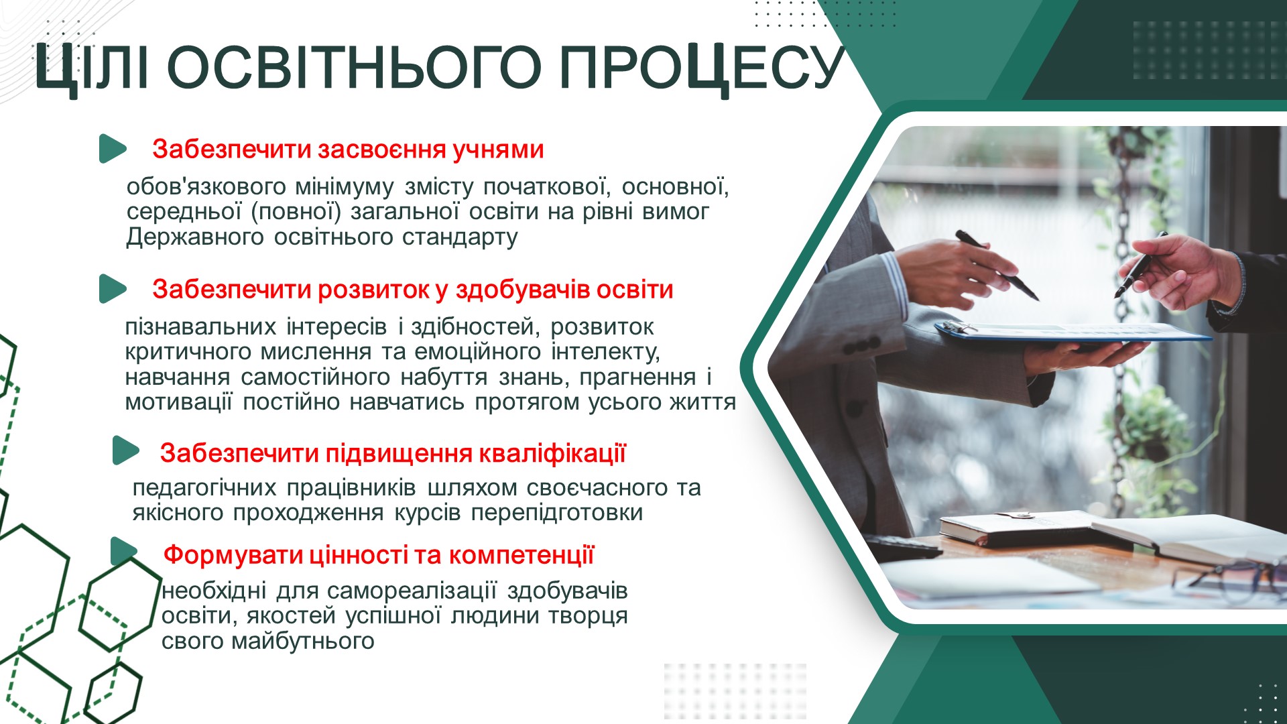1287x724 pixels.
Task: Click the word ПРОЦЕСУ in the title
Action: click(701, 68)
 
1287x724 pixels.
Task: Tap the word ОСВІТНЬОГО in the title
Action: click(353, 68)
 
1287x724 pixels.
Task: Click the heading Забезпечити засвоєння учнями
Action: click(348, 149)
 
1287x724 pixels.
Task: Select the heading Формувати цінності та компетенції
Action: click(379, 555)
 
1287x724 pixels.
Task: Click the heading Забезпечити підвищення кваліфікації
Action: click(393, 453)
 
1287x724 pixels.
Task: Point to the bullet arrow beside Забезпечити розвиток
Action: click(112, 289)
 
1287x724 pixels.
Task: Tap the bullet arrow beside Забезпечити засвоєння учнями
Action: click(112, 149)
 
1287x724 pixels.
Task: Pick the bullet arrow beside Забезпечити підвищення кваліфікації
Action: click(125, 450)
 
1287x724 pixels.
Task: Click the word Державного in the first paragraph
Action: click(194, 237)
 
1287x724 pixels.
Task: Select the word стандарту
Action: click(460, 237)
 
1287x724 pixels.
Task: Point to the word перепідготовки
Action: click(557, 513)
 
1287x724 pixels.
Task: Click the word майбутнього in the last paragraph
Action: click(302, 642)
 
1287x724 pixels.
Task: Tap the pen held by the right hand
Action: click(1139, 266)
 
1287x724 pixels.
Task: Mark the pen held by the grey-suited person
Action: click(997, 265)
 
